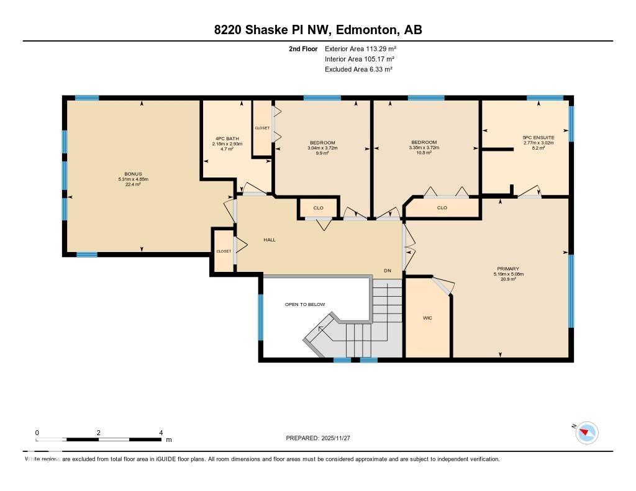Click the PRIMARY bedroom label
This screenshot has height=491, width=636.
point(507,269)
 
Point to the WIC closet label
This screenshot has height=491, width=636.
point(427,318)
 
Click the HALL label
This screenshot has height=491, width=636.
point(269,240)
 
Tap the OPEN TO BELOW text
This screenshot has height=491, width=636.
point(304,304)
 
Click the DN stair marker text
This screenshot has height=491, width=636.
point(388,271)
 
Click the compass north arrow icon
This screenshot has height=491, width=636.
point(586,433)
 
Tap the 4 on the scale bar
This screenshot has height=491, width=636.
point(161,433)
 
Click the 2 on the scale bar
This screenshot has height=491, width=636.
point(99,433)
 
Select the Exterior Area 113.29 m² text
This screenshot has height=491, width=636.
point(360,48)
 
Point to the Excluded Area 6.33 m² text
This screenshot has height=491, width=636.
point(358,70)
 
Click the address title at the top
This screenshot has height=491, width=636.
point(317,30)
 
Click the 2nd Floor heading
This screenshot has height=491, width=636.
point(303,48)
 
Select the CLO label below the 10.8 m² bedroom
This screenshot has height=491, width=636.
point(442,208)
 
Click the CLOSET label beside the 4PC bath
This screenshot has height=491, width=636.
point(262,128)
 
